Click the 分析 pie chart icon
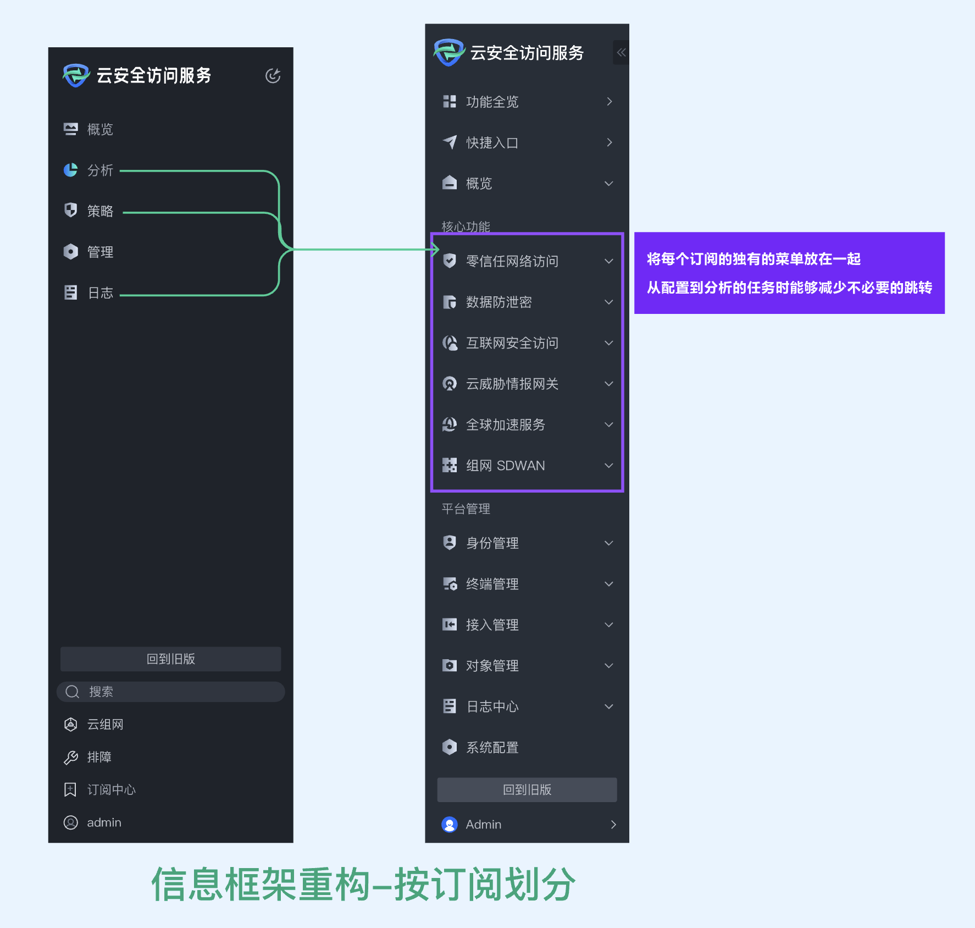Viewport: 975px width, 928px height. point(70,170)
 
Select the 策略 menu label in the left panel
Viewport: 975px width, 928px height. point(100,211)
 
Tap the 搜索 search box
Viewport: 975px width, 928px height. point(170,692)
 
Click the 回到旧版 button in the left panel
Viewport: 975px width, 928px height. point(170,659)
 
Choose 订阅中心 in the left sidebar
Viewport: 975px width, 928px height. point(111,790)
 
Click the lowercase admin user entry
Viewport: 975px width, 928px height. point(103,822)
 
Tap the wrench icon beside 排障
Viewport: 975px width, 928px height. point(70,758)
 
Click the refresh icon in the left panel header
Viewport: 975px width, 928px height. point(273,75)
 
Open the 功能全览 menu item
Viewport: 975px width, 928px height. point(492,102)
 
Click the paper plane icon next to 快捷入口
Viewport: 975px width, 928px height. point(450,142)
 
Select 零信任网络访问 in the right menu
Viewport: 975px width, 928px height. point(512,261)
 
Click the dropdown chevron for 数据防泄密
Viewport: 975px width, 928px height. point(608,302)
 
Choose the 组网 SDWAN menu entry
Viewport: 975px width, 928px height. point(505,466)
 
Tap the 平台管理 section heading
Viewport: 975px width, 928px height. point(466,509)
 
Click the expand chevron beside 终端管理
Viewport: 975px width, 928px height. point(608,584)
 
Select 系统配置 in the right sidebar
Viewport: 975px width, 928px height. point(492,747)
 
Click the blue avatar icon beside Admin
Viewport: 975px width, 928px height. point(450,825)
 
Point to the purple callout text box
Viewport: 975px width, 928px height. point(789,273)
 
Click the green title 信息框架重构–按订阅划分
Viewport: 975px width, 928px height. point(363,885)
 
